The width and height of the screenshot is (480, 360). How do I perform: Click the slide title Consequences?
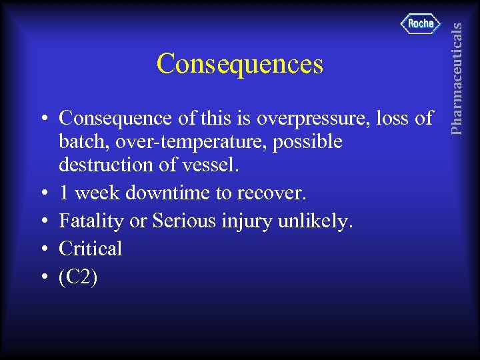pyautogui.click(x=239, y=65)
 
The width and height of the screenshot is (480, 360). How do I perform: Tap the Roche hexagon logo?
pyautogui.click(x=421, y=24)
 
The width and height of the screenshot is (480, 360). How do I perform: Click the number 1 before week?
pyautogui.click(x=64, y=194)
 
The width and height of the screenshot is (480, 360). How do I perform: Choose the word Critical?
pyautogui.click(x=91, y=249)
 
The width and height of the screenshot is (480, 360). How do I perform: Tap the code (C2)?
pyautogui.click(x=78, y=277)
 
